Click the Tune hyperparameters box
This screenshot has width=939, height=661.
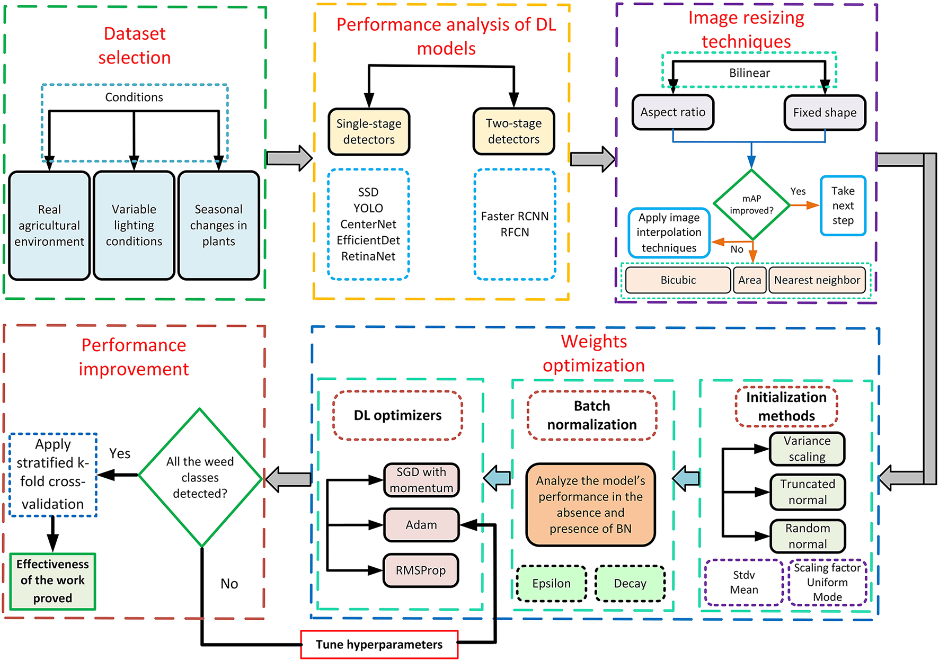click(379, 644)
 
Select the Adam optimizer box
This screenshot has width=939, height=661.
click(421, 525)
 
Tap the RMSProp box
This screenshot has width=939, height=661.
click(421, 570)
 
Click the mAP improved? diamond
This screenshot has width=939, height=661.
click(751, 204)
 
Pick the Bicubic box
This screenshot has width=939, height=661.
click(678, 280)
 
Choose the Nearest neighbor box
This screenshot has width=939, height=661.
click(817, 280)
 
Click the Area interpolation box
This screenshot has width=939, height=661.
click(749, 280)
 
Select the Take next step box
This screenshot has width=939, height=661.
click(843, 206)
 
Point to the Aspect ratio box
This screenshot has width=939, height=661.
click(672, 112)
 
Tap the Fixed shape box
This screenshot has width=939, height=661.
click(825, 112)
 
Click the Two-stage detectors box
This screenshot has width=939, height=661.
click(513, 131)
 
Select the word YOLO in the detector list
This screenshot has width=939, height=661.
click(368, 208)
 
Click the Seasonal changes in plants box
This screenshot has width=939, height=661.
click(218, 225)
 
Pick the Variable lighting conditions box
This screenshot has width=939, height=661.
click(134, 225)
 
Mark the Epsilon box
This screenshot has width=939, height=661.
click(551, 583)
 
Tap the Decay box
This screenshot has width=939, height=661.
click(630, 583)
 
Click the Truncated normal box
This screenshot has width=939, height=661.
click(807, 492)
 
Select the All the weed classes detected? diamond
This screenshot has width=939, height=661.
click(200, 477)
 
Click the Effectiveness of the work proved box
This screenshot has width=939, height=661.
click(52, 581)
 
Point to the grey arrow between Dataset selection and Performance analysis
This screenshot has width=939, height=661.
click(289, 158)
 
